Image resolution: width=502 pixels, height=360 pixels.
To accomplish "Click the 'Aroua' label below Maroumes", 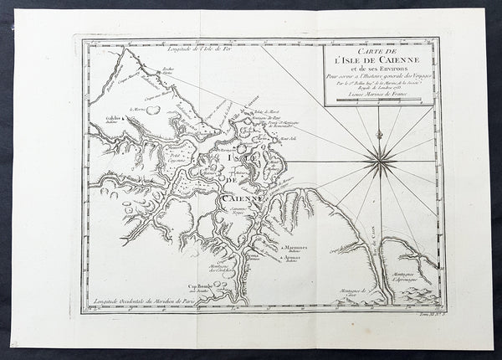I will point(293,260).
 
